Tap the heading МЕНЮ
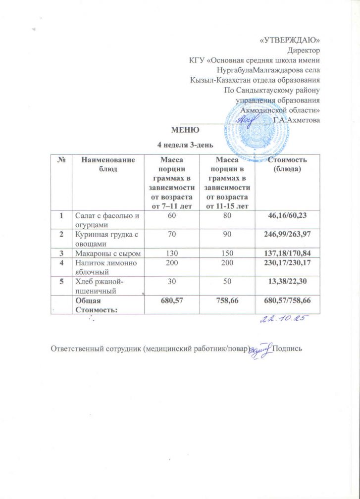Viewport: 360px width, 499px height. pos(185,131)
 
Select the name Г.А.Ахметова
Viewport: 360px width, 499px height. pos(296,120)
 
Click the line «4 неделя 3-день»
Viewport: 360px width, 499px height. pos(185,145)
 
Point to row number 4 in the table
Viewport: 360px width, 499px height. pos(62,263)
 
